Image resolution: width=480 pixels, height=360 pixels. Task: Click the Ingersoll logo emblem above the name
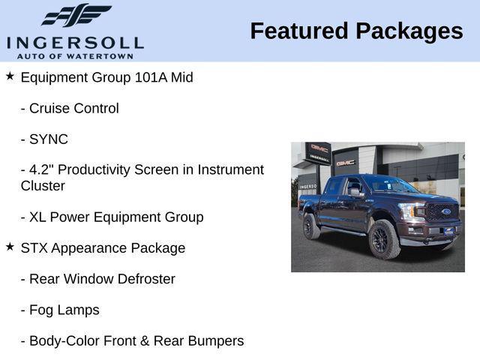tap(76, 15)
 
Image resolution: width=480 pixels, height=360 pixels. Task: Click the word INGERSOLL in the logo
tap(75, 42)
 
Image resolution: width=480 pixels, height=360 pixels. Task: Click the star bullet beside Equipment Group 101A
tap(10, 76)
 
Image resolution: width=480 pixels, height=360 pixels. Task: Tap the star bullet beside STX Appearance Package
tap(10, 247)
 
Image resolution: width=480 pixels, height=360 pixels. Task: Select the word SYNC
tap(49, 139)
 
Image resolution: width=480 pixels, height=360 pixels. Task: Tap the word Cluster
tap(43, 186)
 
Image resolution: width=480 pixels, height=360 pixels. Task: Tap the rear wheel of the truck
tap(312, 226)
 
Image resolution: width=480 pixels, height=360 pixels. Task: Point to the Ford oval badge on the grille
tap(446, 211)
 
